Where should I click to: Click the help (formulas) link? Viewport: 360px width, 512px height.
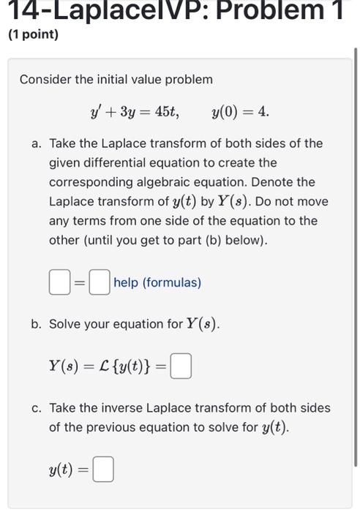[157, 282]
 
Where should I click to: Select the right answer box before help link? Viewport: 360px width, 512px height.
[100, 282]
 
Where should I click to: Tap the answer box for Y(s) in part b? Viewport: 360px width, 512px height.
[181, 366]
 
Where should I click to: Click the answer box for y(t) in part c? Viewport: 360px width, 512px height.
[104, 470]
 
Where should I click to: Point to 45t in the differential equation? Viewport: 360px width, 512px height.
[166, 112]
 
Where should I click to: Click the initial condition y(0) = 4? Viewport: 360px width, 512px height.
[240, 112]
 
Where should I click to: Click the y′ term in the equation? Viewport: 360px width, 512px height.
[95, 112]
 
